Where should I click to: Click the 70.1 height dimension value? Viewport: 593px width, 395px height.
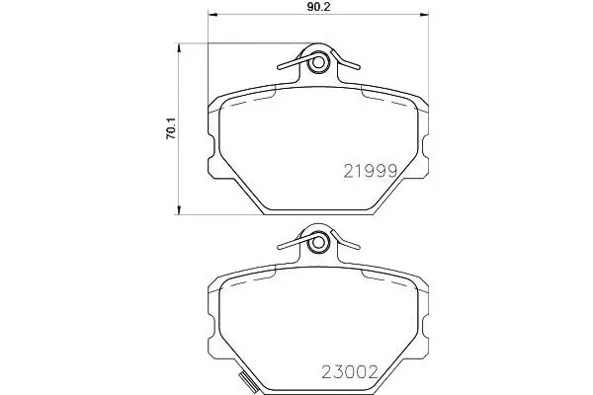point(171,128)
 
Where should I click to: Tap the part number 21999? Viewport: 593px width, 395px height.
point(371,171)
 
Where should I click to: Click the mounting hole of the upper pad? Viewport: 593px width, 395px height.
point(318,62)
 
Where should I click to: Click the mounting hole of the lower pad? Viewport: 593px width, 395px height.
point(318,242)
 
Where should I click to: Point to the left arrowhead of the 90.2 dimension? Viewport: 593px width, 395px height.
point(212,15)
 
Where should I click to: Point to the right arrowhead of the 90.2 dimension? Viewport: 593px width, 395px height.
point(424,15)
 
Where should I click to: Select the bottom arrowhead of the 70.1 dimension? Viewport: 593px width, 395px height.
point(179,210)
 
